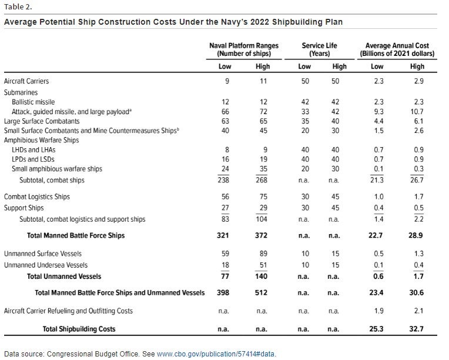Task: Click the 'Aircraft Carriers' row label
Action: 26,81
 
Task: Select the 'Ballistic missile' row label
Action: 34,102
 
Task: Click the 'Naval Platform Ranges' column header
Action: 244,49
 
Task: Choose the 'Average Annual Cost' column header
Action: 397,49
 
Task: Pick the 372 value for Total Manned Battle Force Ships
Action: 263,235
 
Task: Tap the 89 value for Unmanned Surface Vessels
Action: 263,254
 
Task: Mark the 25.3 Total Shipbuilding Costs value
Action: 378,329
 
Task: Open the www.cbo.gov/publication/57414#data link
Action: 216,354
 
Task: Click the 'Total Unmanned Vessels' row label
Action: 64,276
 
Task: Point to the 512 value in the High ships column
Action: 263,292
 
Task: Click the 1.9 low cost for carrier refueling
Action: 378,311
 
